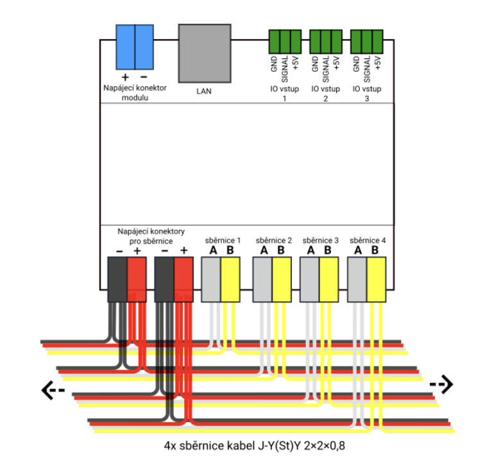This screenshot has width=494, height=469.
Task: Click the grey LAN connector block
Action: (x=204, y=53)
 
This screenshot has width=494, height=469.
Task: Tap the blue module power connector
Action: (x=135, y=47)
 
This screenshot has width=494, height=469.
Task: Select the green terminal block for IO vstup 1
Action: (x=285, y=42)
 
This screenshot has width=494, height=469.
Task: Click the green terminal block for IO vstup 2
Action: (x=326, y=42)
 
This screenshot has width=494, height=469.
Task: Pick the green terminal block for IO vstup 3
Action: (x=367, y=42)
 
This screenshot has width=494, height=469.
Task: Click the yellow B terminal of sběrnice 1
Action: (x=230, y=279)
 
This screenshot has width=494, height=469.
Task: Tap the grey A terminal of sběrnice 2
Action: (x=262, y=279)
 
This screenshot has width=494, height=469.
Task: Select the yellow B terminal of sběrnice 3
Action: (x=328, y=279)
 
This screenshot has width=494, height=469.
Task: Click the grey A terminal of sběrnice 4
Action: (x=357, y=279)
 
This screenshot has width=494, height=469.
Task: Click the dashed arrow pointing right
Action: (x=441, y=384)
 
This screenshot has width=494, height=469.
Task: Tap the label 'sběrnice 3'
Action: (x=320, y=240)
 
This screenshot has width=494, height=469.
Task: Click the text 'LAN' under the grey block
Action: (x=204, y=91)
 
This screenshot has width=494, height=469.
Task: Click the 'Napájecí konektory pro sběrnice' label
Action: (x=151, y=235)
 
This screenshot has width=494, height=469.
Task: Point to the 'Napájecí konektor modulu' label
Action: (x=135, y=93)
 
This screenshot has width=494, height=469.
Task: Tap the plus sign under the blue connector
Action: (x=126, y=78)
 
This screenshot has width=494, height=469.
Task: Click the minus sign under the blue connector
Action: (x=144, y=78)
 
